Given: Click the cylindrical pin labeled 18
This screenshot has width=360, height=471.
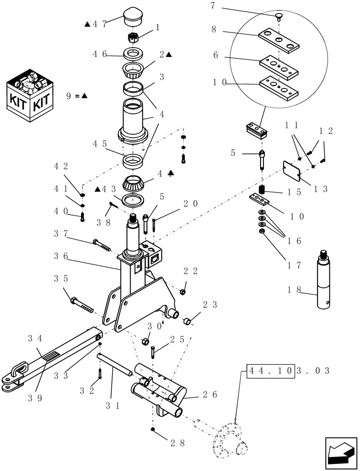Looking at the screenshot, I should [x=325, y=280].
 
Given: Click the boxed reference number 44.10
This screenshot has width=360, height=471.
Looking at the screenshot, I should [x=270, y=370].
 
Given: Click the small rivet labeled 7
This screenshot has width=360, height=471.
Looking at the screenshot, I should [x=279, y=17].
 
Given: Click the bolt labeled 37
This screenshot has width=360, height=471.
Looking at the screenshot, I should [x=102, y=244].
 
